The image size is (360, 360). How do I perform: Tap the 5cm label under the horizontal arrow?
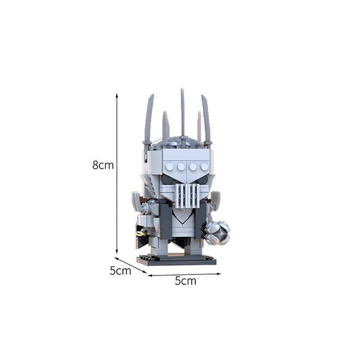[x=185, y=280]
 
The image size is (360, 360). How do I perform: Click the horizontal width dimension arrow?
[x=182, y=274]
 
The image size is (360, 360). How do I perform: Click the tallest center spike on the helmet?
[x=182, y=112]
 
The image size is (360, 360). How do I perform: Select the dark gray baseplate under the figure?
[x=177, y=260]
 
